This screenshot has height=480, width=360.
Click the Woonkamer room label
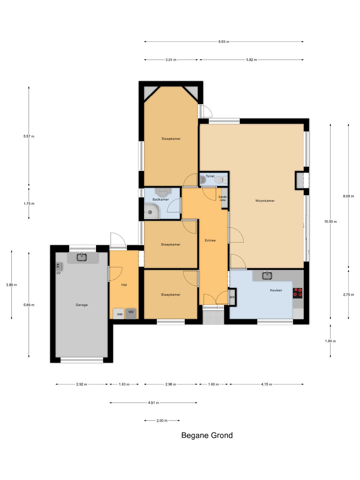[265, 201]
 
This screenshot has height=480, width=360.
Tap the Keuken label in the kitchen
[276, 290]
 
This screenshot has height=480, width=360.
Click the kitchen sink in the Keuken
[267, 275]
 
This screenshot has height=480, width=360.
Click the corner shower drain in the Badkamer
[150, 212]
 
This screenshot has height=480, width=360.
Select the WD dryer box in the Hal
[131, 313]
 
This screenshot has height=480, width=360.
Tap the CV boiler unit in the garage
[59, 266]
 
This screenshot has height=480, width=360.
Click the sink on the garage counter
[82, 257]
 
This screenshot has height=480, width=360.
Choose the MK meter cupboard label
[232, 297]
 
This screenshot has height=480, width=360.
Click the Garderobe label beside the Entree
[223, 198]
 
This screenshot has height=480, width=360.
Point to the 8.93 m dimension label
[224, 42]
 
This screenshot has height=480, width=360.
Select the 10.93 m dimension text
[330, 222]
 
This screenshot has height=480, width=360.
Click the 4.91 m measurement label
[153, 403]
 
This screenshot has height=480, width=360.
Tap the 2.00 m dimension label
[162, 421]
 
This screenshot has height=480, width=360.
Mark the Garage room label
[82, 305]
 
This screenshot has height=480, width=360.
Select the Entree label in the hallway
[210, 240]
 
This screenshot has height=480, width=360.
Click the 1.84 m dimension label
[330, 341]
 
